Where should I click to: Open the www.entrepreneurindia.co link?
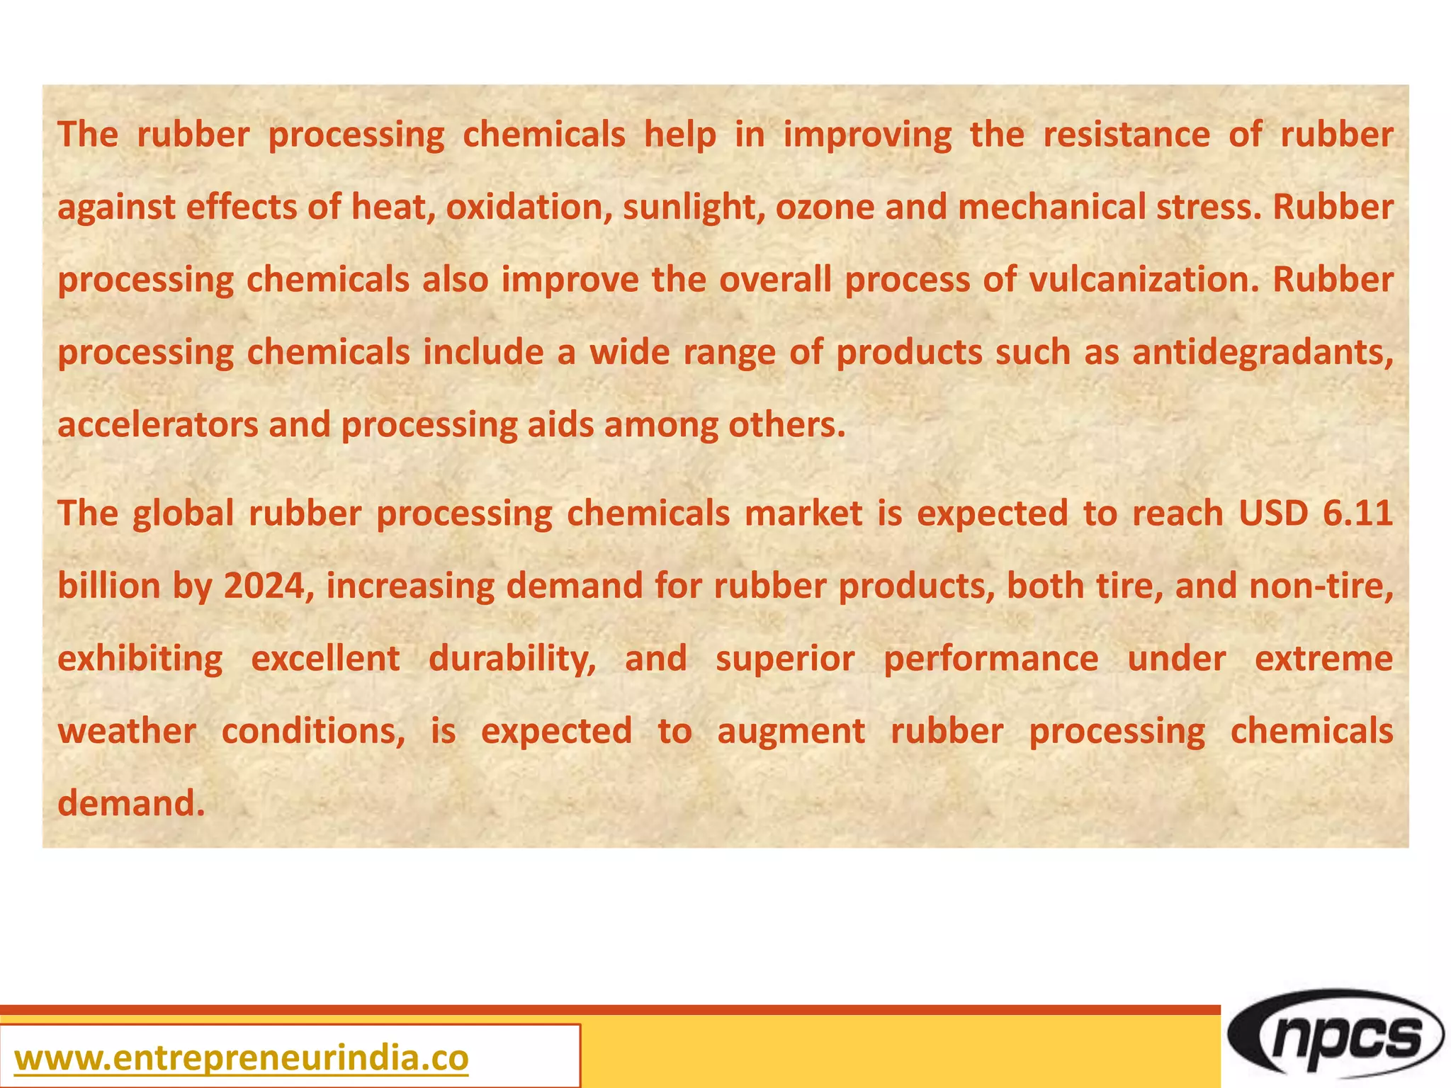pyautogui.click(x=241, y=1058)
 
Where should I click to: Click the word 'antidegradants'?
pyautogui.click(x=1261, y=353)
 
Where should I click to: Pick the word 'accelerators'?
pyautogui.click(x=157, y=425)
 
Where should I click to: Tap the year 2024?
pyautogui.click(x=269, y=586)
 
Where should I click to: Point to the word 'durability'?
pyautogui.click(x=512, y=659)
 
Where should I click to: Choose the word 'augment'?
pyautogui.click(x=791, y=731)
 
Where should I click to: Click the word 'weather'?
pyautogui.click(x=127, y=731)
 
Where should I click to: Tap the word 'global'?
pyautogui.click(x=184, y=514)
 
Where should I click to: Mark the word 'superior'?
pyautogui.click(x=785, y=659)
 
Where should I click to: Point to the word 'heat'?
pyautogui.click(x=393, y=208)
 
